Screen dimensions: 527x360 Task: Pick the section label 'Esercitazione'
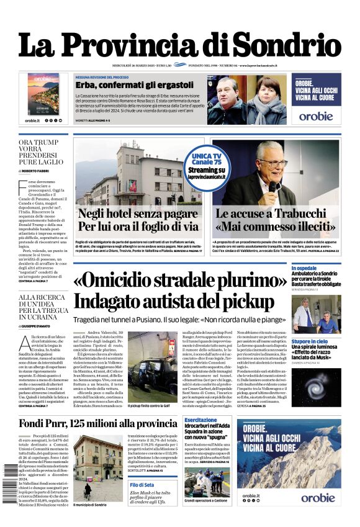(x=200, y=420)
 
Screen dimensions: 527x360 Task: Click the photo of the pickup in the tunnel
(x=151, y=364)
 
